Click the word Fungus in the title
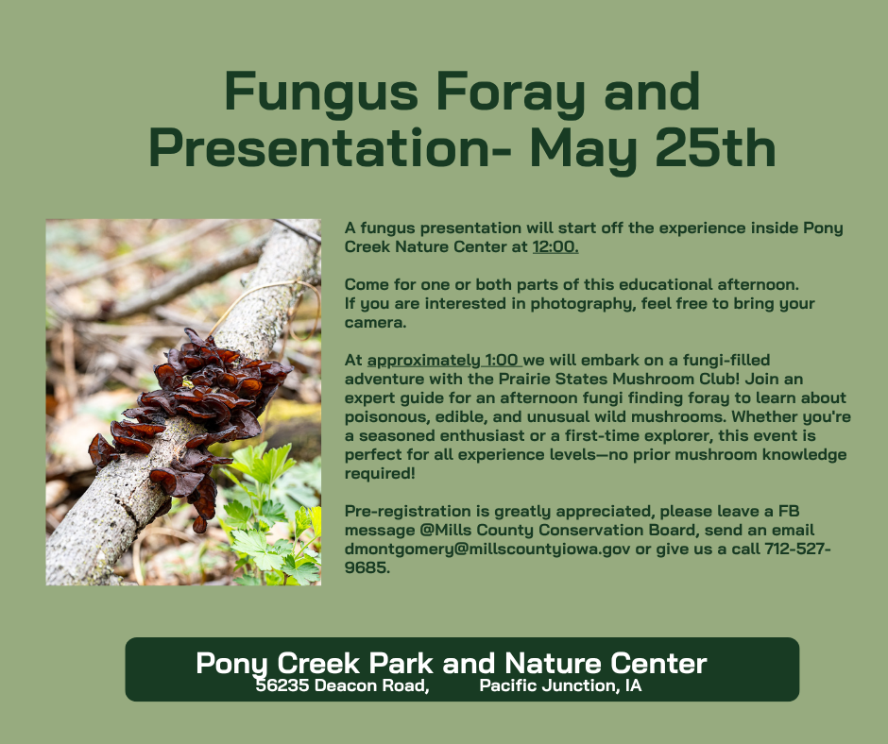coord(321,93)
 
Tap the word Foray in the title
coord(510,93)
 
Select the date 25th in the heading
coord(715,147)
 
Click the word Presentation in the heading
coord(319,148)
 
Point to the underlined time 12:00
coord(555,246)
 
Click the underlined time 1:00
coord(502,360)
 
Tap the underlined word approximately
coord(423,361)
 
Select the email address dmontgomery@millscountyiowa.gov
coord(487,550)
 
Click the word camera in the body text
coord(375,323)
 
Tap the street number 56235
coord(282,685)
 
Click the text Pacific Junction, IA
coord(560,685)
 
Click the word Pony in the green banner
coord(231,664)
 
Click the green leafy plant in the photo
coord(272,521)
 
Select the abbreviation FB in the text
coord(788,512)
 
